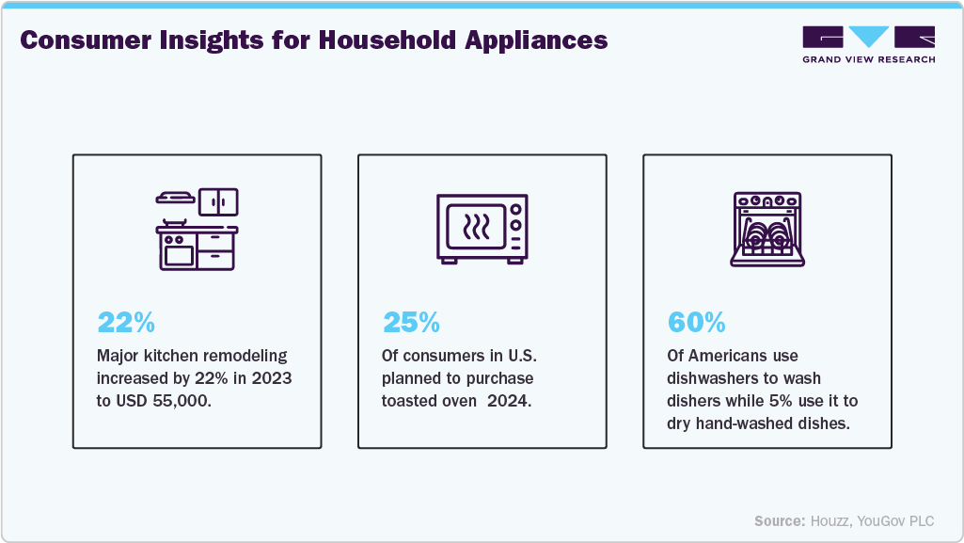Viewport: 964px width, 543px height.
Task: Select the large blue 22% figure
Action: tap(126, 323)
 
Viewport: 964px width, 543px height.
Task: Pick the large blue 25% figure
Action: tap(410, 323)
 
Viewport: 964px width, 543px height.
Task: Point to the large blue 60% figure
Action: tap(696, 323)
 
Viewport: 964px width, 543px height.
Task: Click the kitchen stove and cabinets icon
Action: tap(197, 230)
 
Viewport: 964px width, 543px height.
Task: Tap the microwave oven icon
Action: tap(482, 228)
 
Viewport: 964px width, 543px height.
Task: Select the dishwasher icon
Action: tap(766, 229)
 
